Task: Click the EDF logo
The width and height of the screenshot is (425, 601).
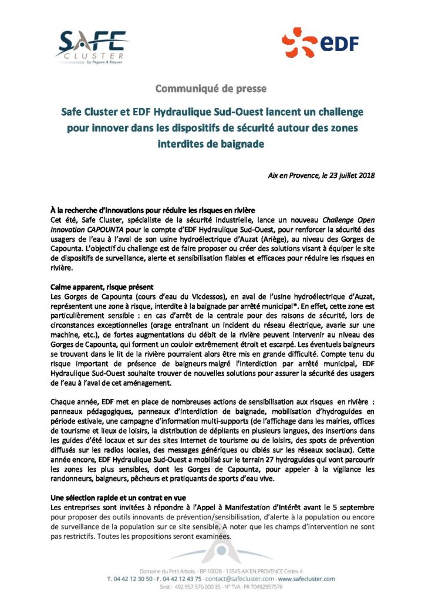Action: click(x=319, y=45)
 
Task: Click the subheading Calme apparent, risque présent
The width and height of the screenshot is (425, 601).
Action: click(x=102, y=287)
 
